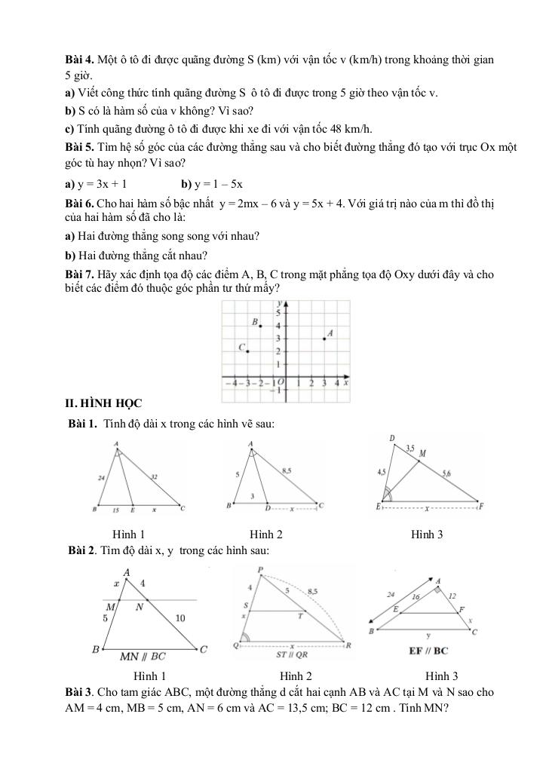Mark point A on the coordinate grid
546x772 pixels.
click(324, 339)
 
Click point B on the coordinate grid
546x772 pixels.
click(262, 326)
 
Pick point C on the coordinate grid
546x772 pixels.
click(248, 351)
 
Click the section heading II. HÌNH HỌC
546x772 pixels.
click(104, 405)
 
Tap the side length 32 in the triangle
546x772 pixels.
click(155, 476)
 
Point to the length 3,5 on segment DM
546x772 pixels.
click(409, 448)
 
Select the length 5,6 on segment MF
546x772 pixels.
click(446, 473)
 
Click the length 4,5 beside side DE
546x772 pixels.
click(382, 473)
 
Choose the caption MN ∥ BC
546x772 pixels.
click(143, 656)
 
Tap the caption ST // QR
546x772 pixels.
click(291, 655)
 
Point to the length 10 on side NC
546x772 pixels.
click(180, 618)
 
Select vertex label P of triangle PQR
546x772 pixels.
click(259, 569)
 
